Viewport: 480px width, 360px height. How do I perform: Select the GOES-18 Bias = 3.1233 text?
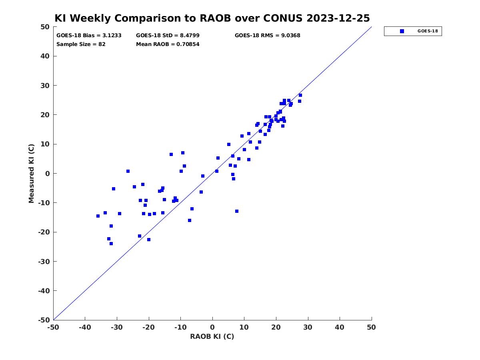pos(89,36)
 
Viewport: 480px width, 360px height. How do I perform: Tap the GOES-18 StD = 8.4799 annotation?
pos(168,36)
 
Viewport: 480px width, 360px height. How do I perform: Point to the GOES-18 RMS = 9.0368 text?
pos(267,36)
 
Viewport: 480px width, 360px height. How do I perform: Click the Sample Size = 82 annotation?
pos(81,44)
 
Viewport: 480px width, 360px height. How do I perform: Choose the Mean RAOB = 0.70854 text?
pos(168,44)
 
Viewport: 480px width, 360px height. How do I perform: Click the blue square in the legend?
pos(402,31)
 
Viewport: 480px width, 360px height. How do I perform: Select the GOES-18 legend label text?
pos(428,31)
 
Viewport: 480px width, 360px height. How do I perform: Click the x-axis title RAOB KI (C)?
pos(212,336)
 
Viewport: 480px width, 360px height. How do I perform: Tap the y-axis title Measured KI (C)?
pos(31,173)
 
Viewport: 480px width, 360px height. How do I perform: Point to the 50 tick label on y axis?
pos(45,27)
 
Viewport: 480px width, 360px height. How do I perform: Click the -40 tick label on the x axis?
pos(85,328)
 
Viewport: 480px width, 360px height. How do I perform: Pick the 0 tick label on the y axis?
pos(48,174)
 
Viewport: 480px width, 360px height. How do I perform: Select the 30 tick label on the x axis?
pos(308,328)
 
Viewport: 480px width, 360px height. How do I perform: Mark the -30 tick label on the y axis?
pos(44,262)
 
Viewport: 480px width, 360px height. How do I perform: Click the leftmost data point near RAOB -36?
pos(98,216)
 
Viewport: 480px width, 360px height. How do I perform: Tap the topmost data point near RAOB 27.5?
pos(300,95)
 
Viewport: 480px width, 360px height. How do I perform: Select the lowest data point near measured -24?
pos(111,244)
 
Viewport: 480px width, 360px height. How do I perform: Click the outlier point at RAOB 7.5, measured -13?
pos(237,211)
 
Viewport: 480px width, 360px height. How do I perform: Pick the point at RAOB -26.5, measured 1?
pos(128,171)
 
